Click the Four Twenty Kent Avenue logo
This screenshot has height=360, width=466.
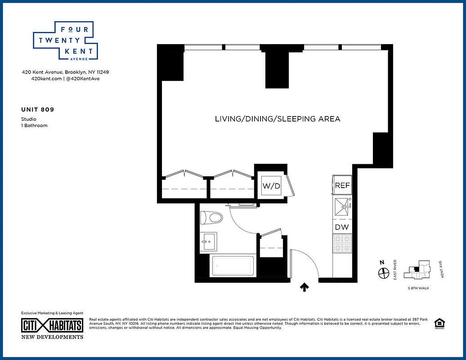[x=63, y=40]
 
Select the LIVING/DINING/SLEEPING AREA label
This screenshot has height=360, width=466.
[x=277, y=119]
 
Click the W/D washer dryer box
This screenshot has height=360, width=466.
[x=271, y=186]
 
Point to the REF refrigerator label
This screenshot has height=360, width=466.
[x=342, y=185]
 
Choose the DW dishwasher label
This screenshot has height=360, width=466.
[x=342, y=227]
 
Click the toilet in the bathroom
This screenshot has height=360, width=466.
[x=211, y=218]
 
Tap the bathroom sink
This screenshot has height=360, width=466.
[x=208, y=241]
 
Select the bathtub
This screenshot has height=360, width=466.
[x=232, y=266]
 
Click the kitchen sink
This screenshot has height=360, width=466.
[x=342, y=206]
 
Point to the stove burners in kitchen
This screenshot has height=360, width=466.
[x=342, y=243]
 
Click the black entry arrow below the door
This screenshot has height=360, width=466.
[x=305, y=287]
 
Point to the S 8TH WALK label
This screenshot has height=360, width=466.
[x=418, y=288]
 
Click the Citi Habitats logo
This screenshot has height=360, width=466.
[x=53, y=325]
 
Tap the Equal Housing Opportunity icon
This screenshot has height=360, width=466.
[x=439, y=324]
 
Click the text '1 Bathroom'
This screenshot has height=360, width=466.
[x=34, y=126]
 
